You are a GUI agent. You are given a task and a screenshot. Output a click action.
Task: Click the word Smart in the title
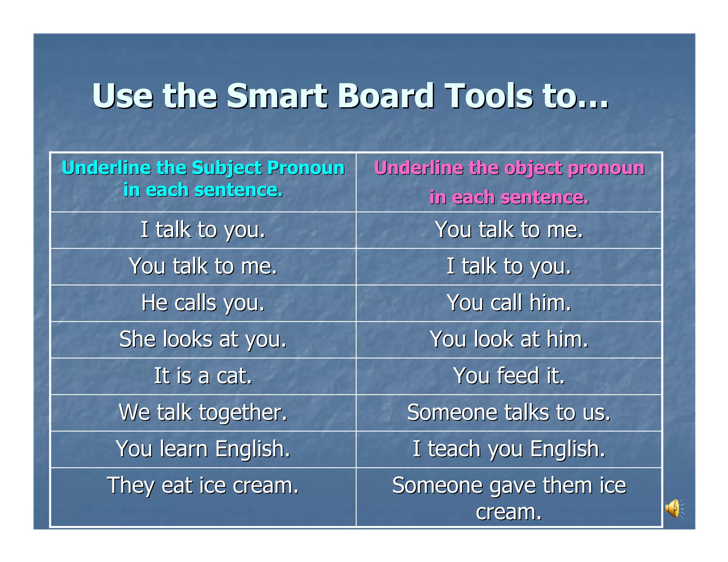[277, 96]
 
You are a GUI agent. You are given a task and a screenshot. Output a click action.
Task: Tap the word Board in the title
[386, 96]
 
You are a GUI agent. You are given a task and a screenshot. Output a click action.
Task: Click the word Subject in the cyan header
[227, 168]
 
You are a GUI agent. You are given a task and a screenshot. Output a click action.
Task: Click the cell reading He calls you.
[203, 303]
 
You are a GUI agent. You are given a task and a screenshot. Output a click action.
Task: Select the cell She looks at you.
[203, 339]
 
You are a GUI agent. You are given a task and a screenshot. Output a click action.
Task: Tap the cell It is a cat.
[203, 376]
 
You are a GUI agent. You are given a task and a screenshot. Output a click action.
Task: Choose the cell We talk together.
[203, 412]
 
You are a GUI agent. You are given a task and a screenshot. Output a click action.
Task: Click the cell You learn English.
[203, 449]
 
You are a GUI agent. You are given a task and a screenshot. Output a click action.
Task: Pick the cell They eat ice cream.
[203, 486]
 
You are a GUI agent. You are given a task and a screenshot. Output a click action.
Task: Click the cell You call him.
[509, 303]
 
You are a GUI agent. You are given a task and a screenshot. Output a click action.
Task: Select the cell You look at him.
[509, 339]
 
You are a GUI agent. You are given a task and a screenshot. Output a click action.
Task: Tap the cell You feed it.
[509, 376]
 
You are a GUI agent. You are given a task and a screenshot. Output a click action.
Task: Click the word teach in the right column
[455, 449]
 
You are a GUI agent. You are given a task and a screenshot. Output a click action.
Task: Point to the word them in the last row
[569, 486]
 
